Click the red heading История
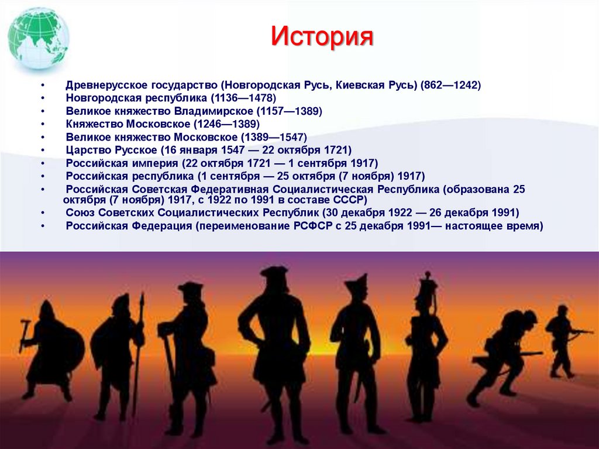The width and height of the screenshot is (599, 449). (322, 37)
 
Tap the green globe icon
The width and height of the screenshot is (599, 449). (39, 39)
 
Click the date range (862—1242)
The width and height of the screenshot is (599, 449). (450, 85)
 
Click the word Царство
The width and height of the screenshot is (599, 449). (86, 150)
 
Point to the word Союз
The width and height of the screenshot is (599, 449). (80, 212)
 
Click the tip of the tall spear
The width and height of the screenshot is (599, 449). (142, 297)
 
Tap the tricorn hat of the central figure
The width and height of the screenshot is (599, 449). (274, 273)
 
